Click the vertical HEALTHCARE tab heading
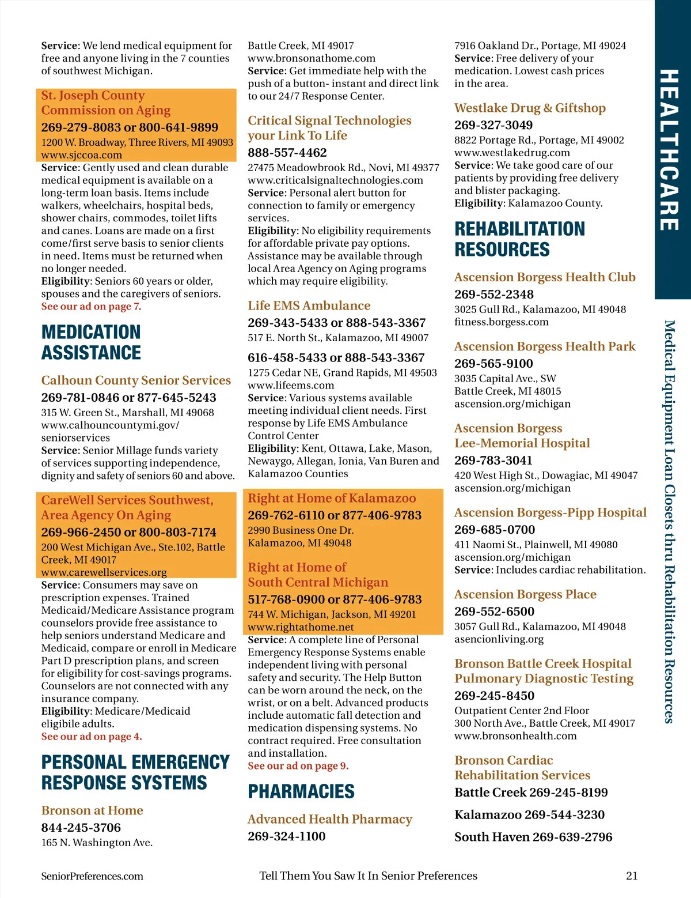tap(669, 150)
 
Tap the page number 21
tap(632, 876)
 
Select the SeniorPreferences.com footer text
tap(92, 876)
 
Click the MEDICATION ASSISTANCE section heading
tap(91, 342)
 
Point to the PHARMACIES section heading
tap(301, 791)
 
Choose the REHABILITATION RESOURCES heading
tap(519, 239)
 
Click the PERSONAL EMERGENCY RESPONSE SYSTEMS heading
tap(135, 772)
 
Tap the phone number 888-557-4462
tap(287, 153)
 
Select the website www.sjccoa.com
tap(82, 155)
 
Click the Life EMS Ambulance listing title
tap(309, 305)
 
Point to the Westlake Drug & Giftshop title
tap(530, 108)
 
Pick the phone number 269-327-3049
tap(493, 125)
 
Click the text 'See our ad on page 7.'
tap(91, 307)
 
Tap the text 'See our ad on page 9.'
tap(298, 766)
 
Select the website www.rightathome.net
tap(301, 627)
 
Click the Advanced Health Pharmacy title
tap(330, 819)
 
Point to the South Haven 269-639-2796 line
tap(533, 837)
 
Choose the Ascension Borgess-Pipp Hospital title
tap(550, 512)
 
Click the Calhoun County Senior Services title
tap(136, 380)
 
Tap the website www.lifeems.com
tap(291, 385)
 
